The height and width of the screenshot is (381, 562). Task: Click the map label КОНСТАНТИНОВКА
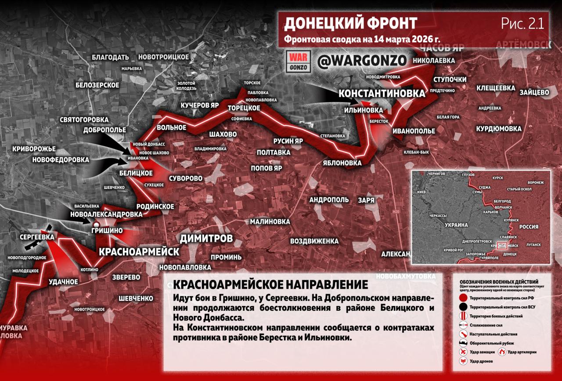coord(382,93)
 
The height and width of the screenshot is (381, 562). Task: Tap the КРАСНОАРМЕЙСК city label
coord(139,252)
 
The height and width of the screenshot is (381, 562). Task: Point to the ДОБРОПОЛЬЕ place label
coord(104,130)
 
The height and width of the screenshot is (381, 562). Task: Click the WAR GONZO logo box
coord(299,62)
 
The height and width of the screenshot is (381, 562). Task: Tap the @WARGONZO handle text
coord(361,62)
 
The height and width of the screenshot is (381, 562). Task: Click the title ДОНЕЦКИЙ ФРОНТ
coord(350,23)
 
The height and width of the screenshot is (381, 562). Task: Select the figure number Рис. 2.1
coord(522,24)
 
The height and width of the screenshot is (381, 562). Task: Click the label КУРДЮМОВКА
coord(499,129)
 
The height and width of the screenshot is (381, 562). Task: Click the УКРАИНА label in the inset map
coord(456,225)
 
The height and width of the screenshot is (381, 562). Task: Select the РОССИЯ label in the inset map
coord(529,227)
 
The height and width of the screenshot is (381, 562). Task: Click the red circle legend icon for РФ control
coord(463,298)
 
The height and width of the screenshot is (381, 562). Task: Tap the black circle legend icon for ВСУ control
coord(463,307)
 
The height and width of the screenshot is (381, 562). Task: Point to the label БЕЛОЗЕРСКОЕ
coord(97,85)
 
